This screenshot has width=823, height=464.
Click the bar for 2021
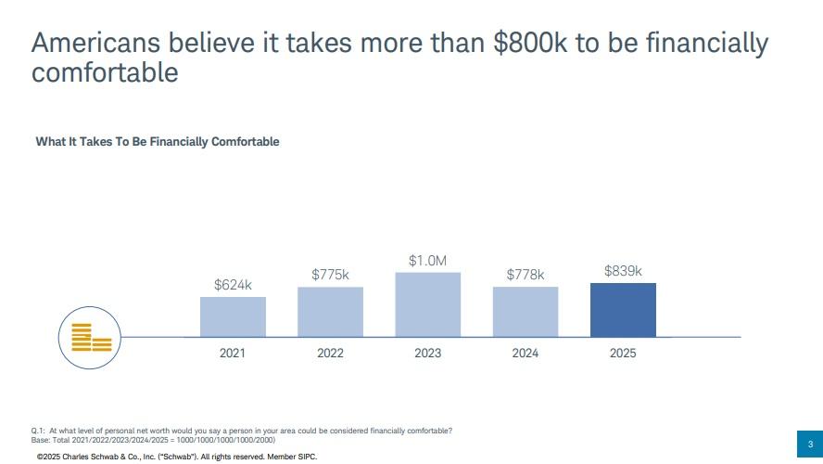point(233,316)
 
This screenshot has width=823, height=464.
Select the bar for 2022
point(330,312)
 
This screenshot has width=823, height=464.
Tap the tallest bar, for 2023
point(427,304)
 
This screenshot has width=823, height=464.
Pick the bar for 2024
point(525,312)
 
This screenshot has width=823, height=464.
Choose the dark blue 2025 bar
point(623,310)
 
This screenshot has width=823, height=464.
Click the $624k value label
point(233,285)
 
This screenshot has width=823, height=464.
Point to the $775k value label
point(330,275)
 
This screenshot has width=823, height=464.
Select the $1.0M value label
point(427,261)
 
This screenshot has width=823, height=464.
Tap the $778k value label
point(525,275)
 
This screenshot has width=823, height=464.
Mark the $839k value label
point(623,271)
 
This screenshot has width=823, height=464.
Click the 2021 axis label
point(233,354)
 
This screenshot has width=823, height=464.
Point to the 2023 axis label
point(427,354)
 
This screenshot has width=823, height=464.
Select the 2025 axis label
point(623,354)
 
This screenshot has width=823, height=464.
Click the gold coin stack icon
point(91,337)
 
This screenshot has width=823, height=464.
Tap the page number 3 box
point(809,443)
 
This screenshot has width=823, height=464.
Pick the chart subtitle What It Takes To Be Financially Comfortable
point(158,142)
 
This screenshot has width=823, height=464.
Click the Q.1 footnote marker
point(38,431)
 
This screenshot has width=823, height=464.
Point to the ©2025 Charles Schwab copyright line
point(176,458)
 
